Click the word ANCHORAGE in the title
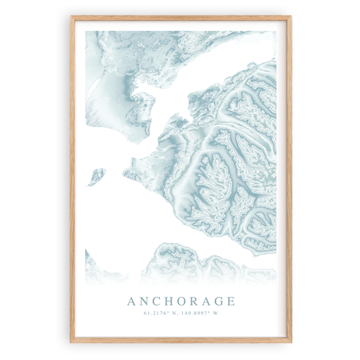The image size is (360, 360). tap(180, 301)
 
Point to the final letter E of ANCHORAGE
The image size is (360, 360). tap(230, 301)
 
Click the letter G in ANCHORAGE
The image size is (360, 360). tap(218, 301)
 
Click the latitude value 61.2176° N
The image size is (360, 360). tap(160, 313)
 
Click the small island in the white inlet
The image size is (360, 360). tap(96, 176)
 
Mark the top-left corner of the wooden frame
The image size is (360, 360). tap(70, 16)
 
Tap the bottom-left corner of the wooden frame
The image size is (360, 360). tap(70, 342)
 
